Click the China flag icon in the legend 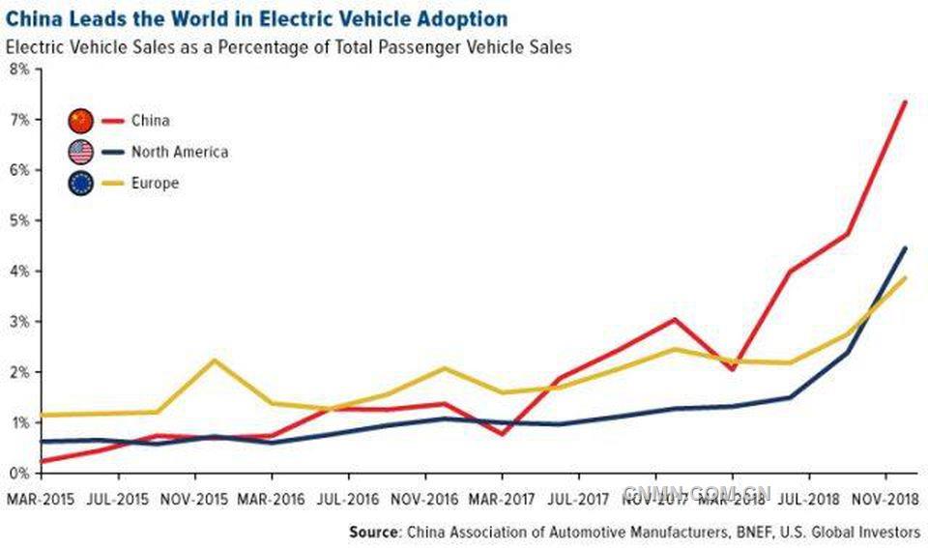coord(80,121)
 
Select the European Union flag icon coord(80,183)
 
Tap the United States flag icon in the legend coord(80,152)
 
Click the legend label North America coord(180,152)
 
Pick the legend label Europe coord(155,183)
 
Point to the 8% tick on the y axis coord(18,69)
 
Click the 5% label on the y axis coord(18,220)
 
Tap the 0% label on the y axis coord(18,473)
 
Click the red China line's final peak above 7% coord(905,101)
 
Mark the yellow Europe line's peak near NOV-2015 coord(215,361)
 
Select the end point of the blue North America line coord(905,247)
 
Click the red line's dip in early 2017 coord(504,434)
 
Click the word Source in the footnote coord(375,532)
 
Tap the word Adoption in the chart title coord(453,19)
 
